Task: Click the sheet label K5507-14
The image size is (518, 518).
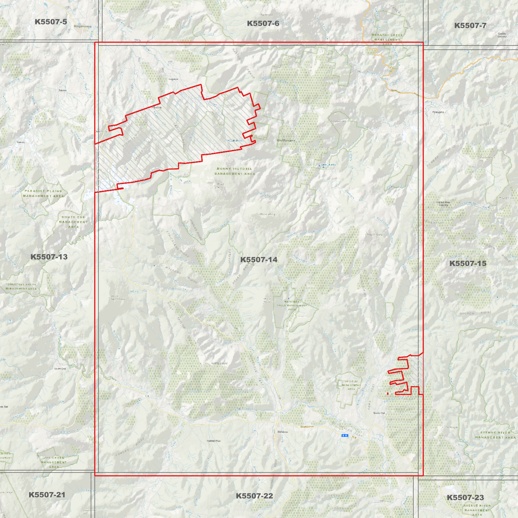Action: click(258, 260)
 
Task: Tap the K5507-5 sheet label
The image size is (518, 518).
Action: click(51, 22)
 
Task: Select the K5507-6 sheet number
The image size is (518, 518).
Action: click(263, 24)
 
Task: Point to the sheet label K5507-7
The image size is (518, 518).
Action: click(470, 25)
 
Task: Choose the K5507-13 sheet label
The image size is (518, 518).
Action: click(49, 257)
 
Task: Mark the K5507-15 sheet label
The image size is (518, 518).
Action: click(467, 263)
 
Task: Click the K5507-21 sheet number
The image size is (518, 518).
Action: click(47, 495)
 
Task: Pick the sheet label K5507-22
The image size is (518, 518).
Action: click(254, 496)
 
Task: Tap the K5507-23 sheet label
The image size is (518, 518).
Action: click(465, 498)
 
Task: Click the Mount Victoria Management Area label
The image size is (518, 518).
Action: click(234, 171)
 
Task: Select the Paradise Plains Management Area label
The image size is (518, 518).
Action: click(43, 194)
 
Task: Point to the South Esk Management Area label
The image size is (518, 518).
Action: click(73, 222)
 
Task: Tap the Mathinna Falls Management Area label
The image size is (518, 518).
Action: click(292, 305)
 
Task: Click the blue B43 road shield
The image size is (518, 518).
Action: click(345, 436)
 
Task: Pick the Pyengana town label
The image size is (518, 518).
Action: click(438, 112)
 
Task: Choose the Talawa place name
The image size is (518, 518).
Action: click(63, 90)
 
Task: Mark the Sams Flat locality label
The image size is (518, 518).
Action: click(379, 413)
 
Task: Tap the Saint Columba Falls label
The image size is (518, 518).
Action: click(328, 165)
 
